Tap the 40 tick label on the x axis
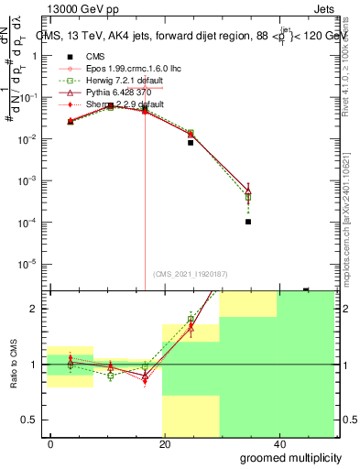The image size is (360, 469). tap(279, 442)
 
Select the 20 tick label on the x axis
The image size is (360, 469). tap(165, 442)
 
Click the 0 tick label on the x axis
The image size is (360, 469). tap(50, 442)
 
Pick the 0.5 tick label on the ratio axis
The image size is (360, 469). tap(29, 420)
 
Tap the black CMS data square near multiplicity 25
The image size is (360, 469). tap(191, 143)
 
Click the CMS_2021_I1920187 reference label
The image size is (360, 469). tap(190, 275)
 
